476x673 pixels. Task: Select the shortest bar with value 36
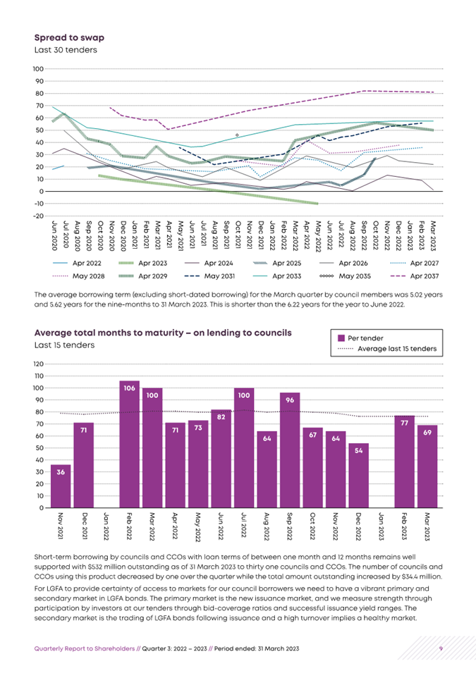tap(61, 486)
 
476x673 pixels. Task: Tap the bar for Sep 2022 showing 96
tap(290, 450)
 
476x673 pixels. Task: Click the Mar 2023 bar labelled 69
tap(427, 467)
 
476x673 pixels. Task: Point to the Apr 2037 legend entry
tap(414, 276)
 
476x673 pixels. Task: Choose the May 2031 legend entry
tap(209, 276)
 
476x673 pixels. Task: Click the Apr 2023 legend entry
tap(142, 263)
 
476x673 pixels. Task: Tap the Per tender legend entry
tap(360, 338)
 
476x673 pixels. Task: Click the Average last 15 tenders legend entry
tap(387, 349)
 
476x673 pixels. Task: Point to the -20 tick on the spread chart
tap(38, 216)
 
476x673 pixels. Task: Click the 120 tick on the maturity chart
tap(39, 364)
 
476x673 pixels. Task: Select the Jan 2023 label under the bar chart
tap(381, 526)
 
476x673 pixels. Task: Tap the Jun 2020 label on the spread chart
tap(54, 235)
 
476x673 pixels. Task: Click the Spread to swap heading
tap(69, 38)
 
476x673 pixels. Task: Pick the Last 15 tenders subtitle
tap(64, 345)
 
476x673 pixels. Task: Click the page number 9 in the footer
tap(441, 648)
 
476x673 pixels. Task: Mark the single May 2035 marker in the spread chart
tap(237, 135)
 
